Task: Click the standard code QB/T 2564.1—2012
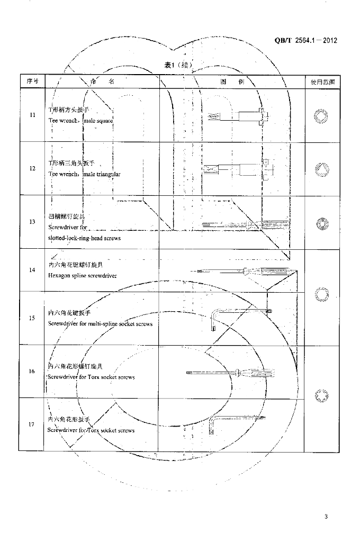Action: pos(305,41)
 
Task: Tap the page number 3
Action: pos(326,517)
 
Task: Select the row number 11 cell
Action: pos(32,115)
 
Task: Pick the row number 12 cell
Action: pos(32,168)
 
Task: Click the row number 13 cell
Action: pos(32,222)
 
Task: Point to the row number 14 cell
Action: pos(32,270)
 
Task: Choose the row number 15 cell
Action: pos(32,318)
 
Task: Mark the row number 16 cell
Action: pos(32,371)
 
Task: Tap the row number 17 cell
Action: pos(32,424)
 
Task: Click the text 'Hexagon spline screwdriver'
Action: pos(82,276)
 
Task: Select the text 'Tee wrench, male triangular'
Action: pos(85,174)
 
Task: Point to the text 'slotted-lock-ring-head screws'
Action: pos(84,238)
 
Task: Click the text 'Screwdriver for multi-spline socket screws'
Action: pos(100,323)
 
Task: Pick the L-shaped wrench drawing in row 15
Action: pos(241,318)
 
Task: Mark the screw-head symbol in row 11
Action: pos(321,116)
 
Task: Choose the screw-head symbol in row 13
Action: pos(321,223)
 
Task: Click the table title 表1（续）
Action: pos(177,65)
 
